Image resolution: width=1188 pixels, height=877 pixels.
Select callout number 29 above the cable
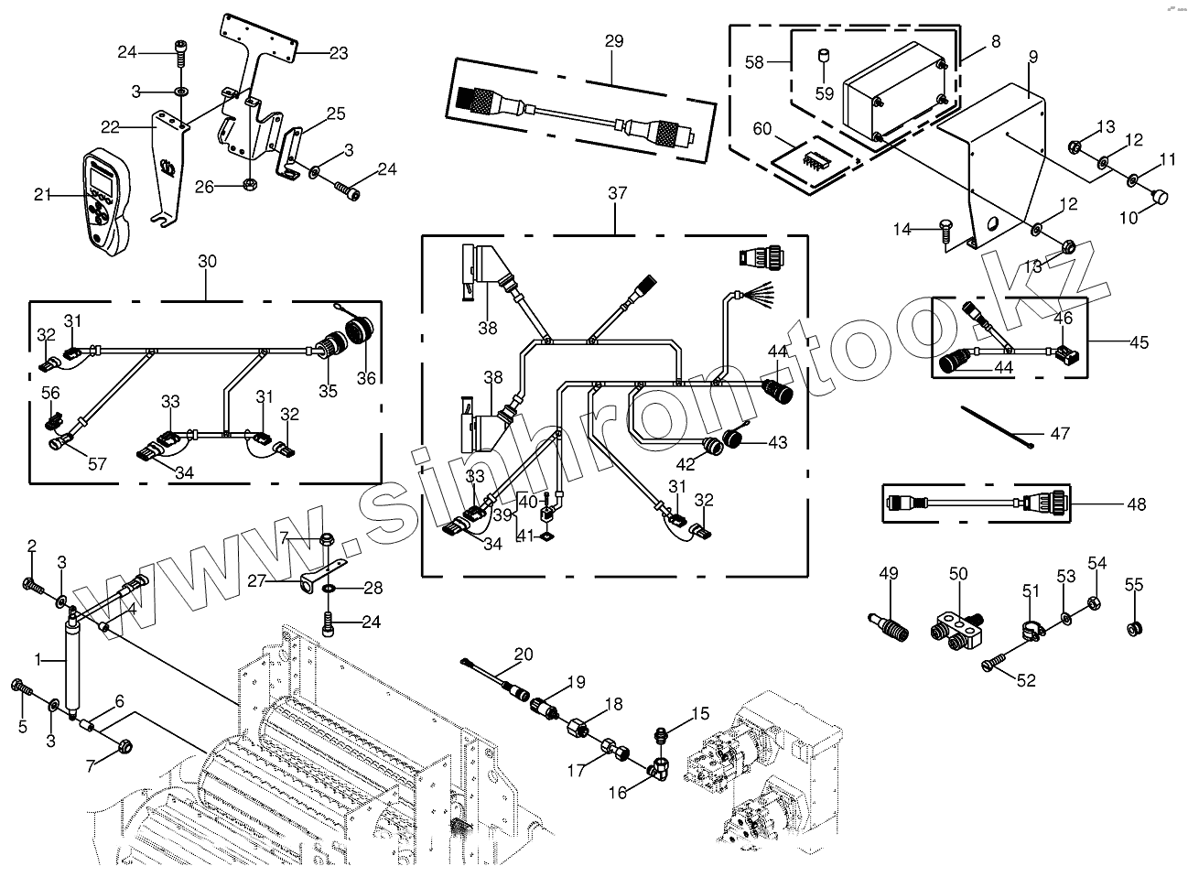pos(613,41)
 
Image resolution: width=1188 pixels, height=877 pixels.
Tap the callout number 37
pos(618,193)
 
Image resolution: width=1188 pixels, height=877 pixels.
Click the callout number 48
pos(1137,504)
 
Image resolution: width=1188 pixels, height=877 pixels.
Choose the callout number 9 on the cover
pos(1032,57)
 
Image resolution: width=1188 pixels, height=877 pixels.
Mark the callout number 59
pos(825,93)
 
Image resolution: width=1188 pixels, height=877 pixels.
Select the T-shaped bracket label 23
pos(338,54)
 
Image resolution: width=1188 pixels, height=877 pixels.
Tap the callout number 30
pos(207,261)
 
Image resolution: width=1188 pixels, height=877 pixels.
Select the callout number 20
pos(523,654)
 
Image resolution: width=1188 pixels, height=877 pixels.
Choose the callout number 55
pos(1133,585)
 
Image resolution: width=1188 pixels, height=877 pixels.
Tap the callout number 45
pos(1139,342)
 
